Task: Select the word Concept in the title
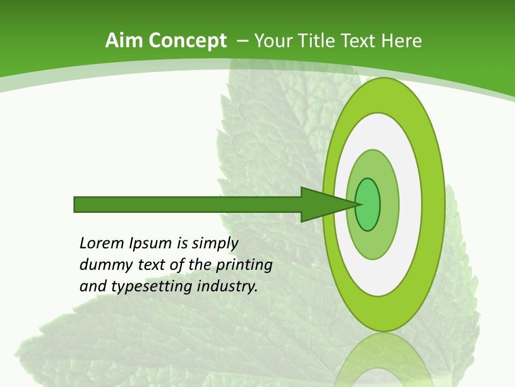188,41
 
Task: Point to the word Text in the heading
359,40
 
